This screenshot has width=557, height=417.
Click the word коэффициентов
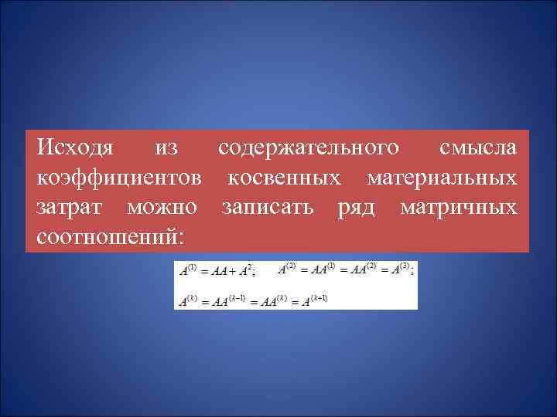pyautogui.click(x=120, y=178)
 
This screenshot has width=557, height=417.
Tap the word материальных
pyautogui.click(x=442, y=178)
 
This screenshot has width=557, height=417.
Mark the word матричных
pyautogui.click(x=459, y=208)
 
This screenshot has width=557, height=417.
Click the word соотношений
pyautogui.click(x=105, y=236)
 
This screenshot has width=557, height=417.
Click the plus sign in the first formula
pyautogui.click(x=232, y=271)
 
